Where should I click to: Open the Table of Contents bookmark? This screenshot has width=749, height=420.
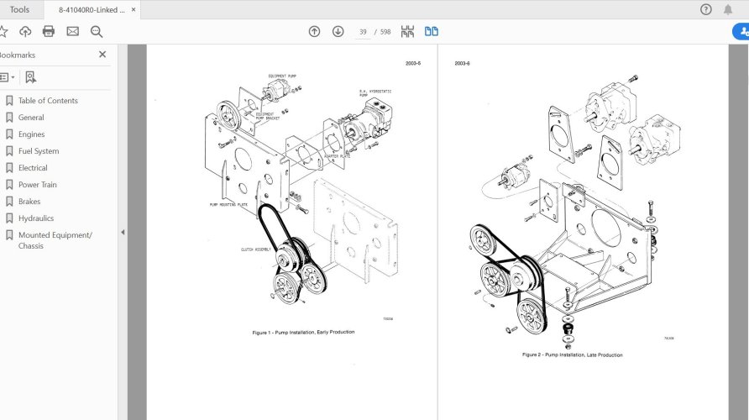(x=48, y=101)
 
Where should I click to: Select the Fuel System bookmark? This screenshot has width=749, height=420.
(x=39, y=151)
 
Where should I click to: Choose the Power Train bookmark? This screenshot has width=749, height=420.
(x=38, y=185)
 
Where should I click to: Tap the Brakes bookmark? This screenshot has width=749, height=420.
(x=29, y=202)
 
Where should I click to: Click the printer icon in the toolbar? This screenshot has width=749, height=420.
(x=49, y=31)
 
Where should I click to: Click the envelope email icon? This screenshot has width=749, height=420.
(x=72, y=31)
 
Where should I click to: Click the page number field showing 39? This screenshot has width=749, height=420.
(x=363, y=32)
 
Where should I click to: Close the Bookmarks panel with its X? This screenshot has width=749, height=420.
(x=102, y=55)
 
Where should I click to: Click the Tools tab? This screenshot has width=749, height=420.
(x=19, y=10)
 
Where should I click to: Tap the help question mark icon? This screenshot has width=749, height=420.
(x=706, y=10)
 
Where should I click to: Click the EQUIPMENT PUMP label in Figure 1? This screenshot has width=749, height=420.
(x=282, y=76)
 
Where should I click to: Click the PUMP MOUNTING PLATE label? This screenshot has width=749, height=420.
(x=228, y=204)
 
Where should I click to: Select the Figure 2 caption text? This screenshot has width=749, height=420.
(x=572, y=354)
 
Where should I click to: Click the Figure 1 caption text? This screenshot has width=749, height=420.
(x=303, y=332)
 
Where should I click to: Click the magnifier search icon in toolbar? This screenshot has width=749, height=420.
(x=97, y=31)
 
